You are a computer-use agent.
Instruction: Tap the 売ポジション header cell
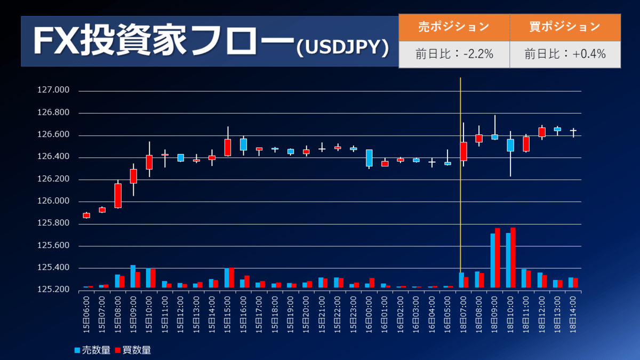454,27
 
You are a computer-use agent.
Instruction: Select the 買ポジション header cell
565,27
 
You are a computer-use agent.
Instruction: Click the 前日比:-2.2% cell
454,54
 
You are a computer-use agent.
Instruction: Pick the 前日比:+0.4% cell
565,54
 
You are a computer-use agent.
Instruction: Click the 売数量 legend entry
92,350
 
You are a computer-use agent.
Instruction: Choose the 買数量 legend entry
133,350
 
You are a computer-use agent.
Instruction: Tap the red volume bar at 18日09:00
497,258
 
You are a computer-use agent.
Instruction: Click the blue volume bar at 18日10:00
508,260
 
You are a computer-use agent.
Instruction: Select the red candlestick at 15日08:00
118,196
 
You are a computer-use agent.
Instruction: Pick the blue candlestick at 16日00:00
369,158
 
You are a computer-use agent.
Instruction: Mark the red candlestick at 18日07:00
463,151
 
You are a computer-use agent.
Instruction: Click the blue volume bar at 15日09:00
133,276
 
